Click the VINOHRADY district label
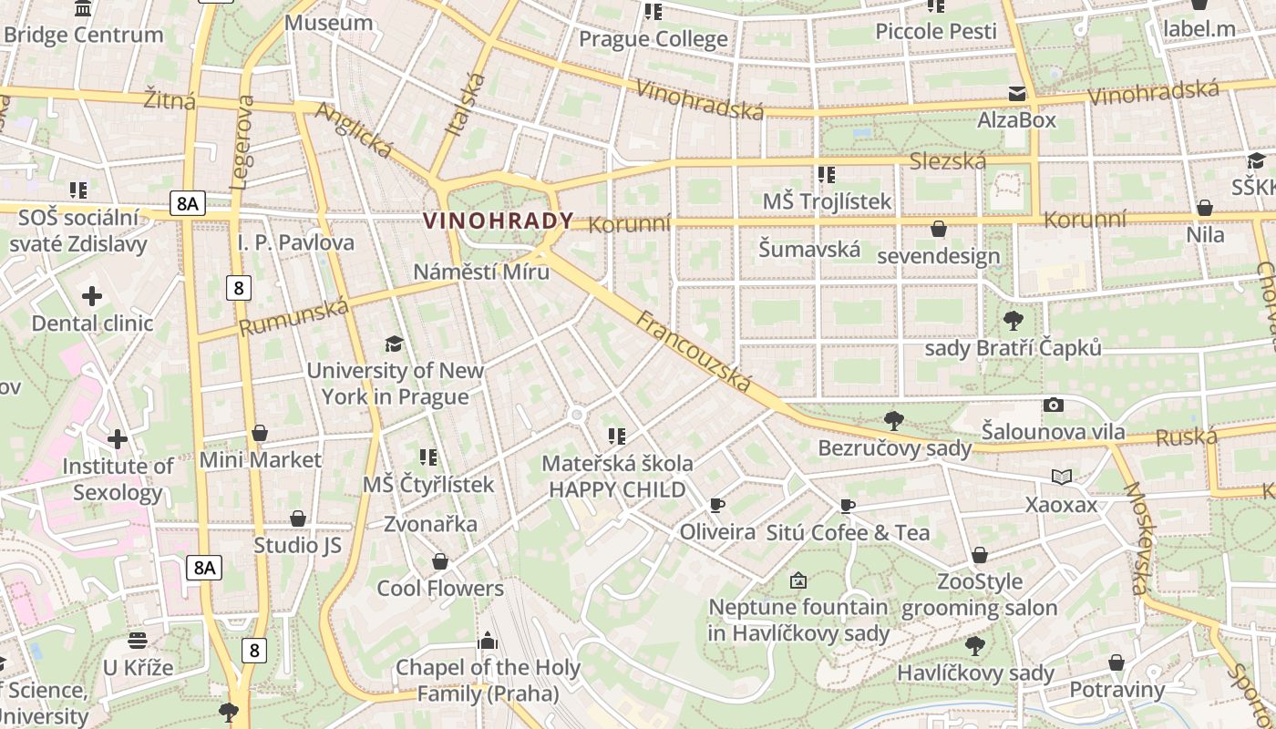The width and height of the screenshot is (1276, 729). pos(499,221)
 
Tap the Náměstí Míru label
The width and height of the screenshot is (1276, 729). pos(481,272)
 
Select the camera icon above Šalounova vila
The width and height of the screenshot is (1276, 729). pos(1054,405)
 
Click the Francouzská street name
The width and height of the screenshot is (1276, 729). pos(695,352)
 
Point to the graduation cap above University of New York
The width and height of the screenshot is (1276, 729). pos(394,344)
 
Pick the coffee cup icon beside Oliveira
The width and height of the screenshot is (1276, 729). pos(717,506)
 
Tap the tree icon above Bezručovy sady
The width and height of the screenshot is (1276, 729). pos(894,421)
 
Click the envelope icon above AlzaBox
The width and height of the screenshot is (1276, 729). pos(1016,94)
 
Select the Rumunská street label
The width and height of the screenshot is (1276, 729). pos(293,316)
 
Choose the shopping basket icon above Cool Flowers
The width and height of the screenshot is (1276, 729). pos(440,561)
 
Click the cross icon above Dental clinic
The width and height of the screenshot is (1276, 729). pos(92,296)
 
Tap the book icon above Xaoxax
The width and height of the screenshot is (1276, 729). pos(1061,477)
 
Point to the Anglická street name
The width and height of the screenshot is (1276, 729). pos(354,130)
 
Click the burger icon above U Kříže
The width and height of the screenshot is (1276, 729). pos(138,641)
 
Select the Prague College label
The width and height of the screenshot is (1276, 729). pos(653,39)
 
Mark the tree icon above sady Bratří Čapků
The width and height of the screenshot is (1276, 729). pos(1013,321)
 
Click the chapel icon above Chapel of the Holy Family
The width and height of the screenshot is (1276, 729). pos(488,641)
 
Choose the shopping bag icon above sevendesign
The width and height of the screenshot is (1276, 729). pos(939,229)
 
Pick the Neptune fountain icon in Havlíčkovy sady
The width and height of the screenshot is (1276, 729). pos(798,580)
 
